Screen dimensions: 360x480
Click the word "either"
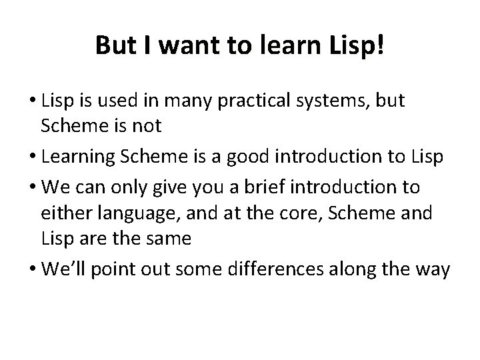point(65,215)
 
